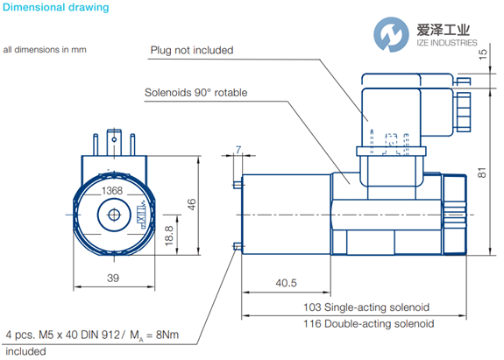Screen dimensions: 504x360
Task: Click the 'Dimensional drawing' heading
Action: pyautogui.click(x=55, y=7)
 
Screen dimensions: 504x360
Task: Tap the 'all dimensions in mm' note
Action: pyautogui.click(x=45, y=50)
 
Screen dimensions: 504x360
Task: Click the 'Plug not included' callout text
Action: pyautogui.click(x=192, y=51)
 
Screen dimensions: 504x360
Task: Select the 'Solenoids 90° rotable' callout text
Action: pyautogui.click(x=195, y=93)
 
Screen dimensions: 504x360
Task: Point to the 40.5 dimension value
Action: pyautogui.click(x=286, y=283)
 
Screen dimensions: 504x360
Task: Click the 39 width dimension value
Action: pyautogui.click(x=113, y=278)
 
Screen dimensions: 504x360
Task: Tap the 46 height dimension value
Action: pyautogui.click(x=192, y=204)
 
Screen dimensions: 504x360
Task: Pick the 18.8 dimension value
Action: pyautogui.click(x=169, y=236)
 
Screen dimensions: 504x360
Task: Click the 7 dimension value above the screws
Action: pyautogui.click(x=238, y=150)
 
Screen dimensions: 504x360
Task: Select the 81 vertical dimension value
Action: pyautogui.click(x=482, y=173)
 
